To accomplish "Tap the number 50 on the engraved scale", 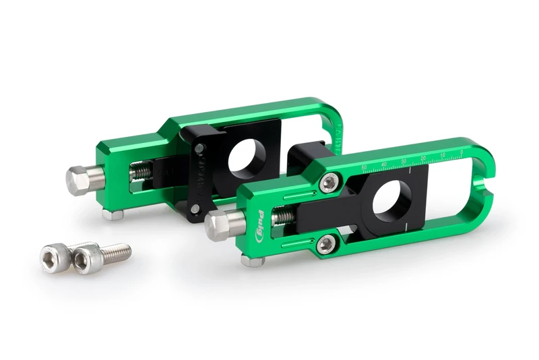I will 364,167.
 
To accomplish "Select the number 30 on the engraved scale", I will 404,160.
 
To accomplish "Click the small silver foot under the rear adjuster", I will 113,214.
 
